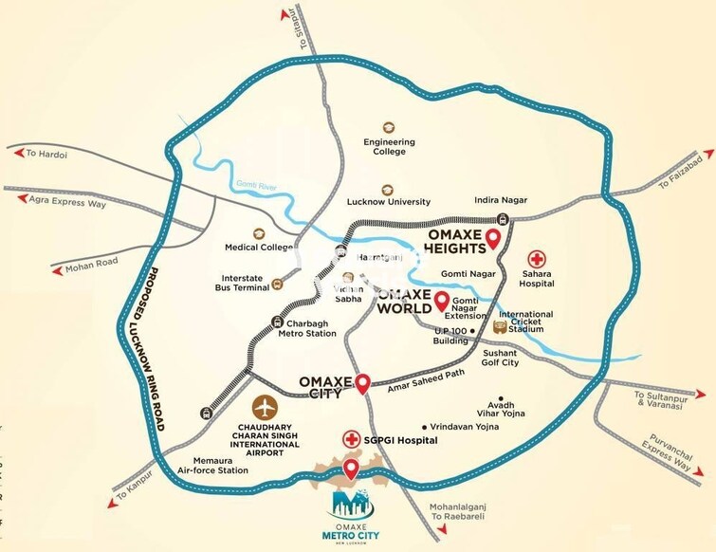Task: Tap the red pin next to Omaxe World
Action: click(441, 303)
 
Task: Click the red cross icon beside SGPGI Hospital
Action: click(352, 440)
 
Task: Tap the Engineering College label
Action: click(389, 148)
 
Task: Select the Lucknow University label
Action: click(389, 201)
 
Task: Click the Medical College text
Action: click(259, 248)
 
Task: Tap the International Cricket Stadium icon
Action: click(501, 326)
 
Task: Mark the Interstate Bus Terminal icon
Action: click(277, 283)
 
